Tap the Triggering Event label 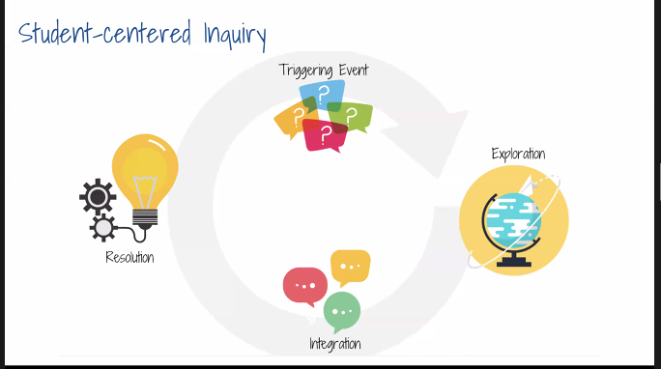click(x=323, y=70)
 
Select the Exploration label click(x=517, y=154)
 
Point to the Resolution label click(x=129, y=258)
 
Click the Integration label click(x=334, y=343)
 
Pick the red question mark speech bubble click(x=325, y=134)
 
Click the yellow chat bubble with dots click(x=350, y=266)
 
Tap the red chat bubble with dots click(x=304, y=286)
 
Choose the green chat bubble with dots click(x=341, y=311)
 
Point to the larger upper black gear click(x=98, y=197)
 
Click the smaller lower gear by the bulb click(x=103, y=227)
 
